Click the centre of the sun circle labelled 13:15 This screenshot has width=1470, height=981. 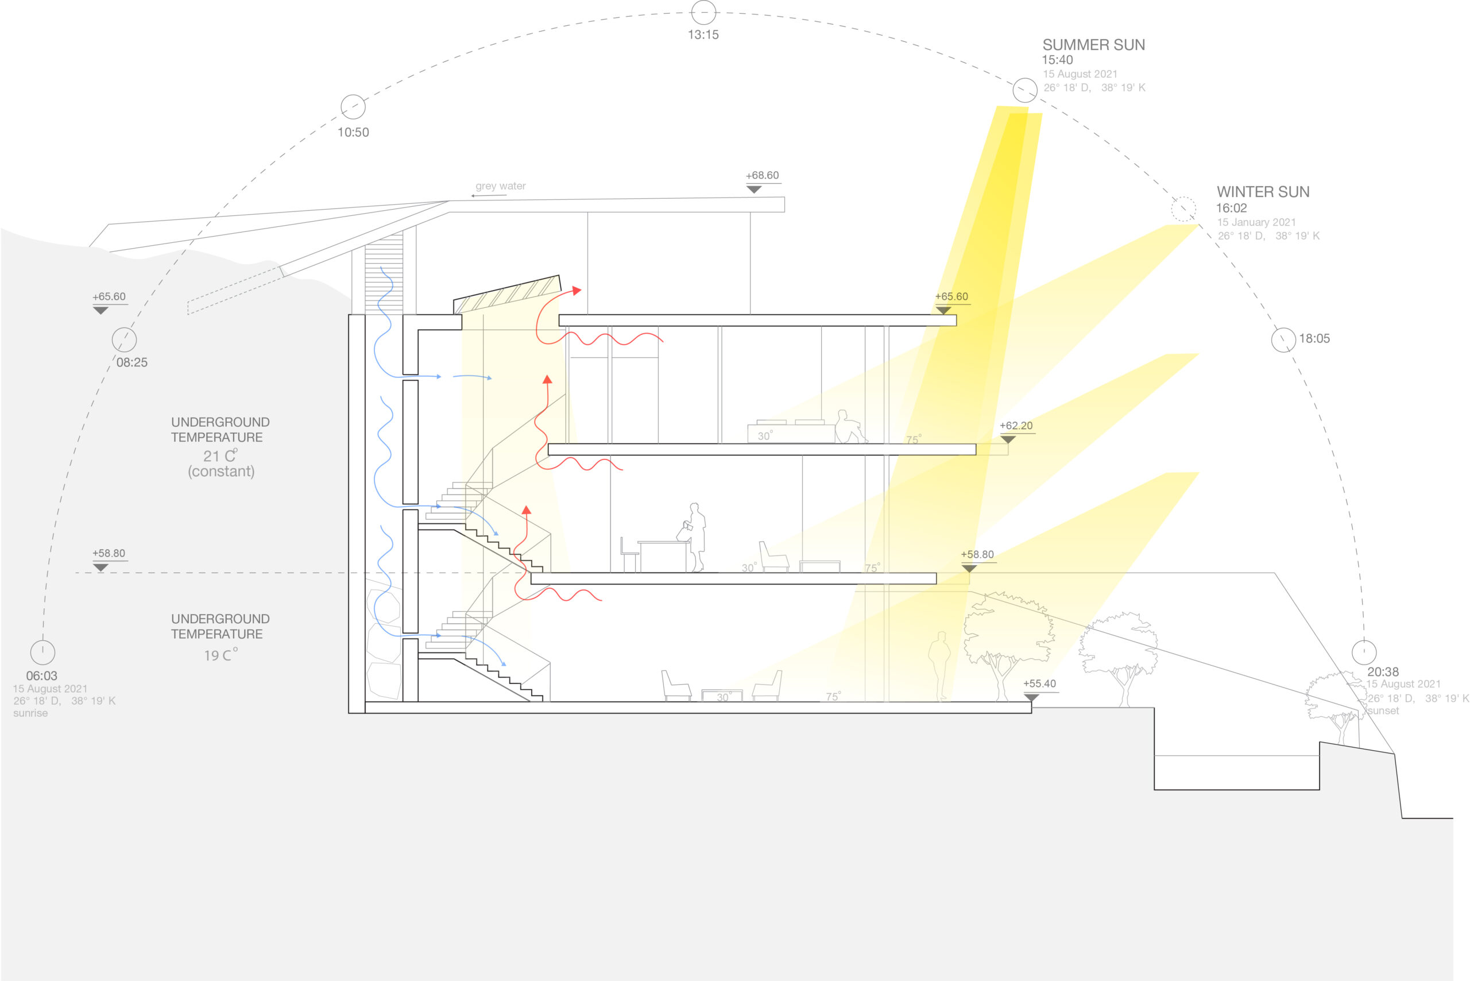coord(703,13)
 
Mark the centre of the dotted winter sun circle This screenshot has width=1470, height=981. coord(1183,209)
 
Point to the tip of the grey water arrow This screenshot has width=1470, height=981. coord(471,196)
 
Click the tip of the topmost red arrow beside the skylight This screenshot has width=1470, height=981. coord(581,289)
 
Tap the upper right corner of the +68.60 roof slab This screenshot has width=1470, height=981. coord(784,197)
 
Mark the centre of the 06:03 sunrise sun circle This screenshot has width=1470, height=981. coord(42,652)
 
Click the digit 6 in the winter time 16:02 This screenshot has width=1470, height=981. coord(1225,208)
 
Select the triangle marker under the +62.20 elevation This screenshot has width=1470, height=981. coord(1007,439)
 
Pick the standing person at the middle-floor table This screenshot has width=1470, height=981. coord(693,537)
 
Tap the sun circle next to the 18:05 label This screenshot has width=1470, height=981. coord(1283,339)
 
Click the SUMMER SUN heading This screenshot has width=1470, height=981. coord(1093,45)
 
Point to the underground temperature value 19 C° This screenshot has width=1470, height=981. coord(221,655)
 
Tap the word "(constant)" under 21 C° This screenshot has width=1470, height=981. coord(222,471)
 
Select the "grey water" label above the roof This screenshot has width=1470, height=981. coord(500,186)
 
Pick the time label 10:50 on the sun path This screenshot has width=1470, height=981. coord(353,132)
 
